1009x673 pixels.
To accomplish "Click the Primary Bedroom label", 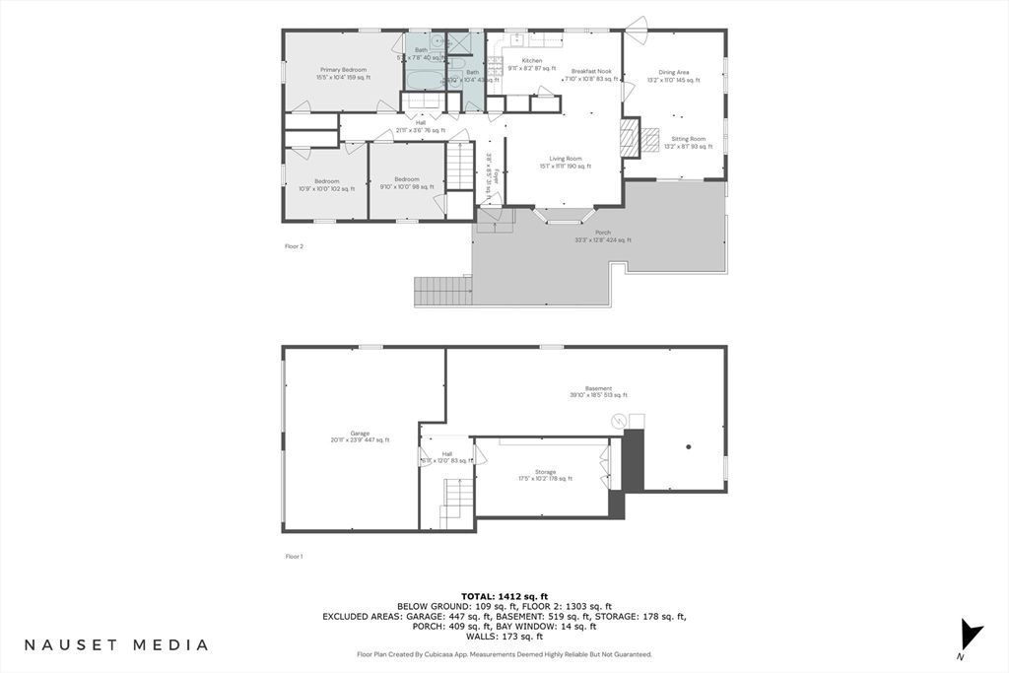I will [x=343, y=70].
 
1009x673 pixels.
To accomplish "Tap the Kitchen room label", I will [x=532, y=61].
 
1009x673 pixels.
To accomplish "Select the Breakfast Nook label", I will [x=591, y=71].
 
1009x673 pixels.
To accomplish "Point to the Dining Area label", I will [x=675, y=72].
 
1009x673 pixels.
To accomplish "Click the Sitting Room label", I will [x=689, y=139].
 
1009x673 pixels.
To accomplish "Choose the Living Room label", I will [x=566, y=159].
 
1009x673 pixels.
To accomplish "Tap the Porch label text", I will [x=602, y=233].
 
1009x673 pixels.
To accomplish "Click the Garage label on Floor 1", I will [x=360, y=433].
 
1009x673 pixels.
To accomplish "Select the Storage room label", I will [x=545, y=472].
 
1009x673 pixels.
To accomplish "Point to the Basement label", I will [x=598, y=388].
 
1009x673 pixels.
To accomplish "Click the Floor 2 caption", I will [x=294, y=246].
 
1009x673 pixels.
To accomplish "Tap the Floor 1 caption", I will [x=294, y=557].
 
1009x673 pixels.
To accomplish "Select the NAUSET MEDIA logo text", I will [x=116, y=645].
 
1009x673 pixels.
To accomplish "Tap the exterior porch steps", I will [x=442, y=291].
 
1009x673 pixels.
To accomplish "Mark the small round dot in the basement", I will [x=689, y=447].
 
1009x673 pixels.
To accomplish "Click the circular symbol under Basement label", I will [x=619, y=422].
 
